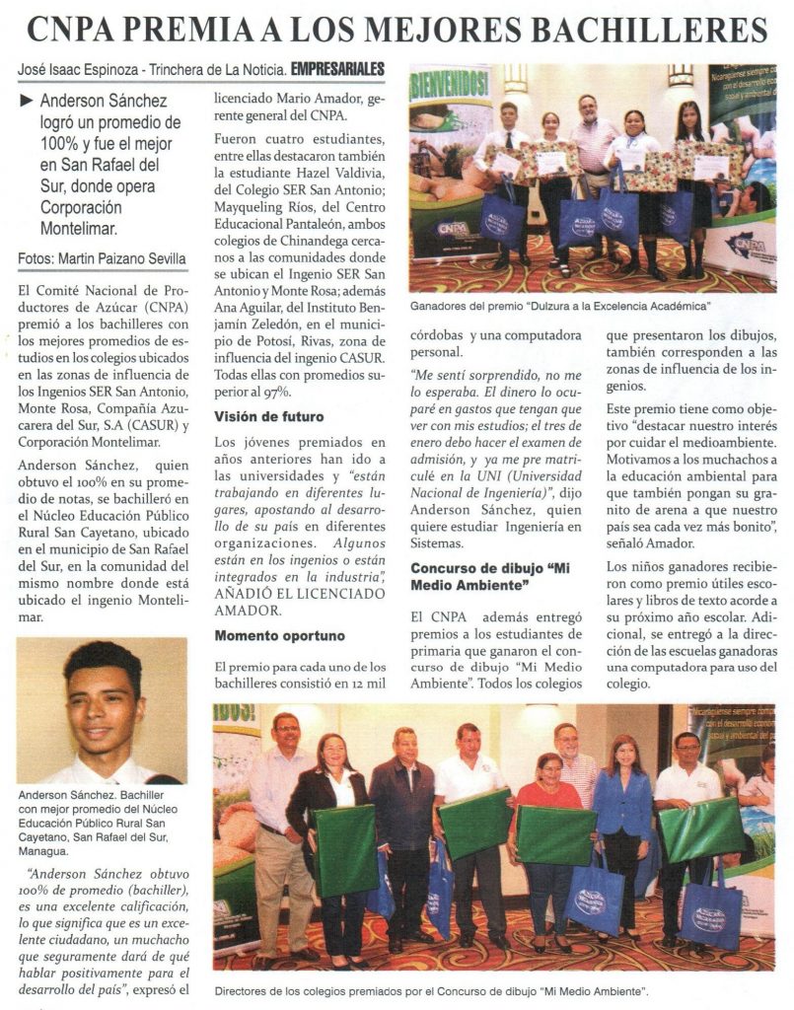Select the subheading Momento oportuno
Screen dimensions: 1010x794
point(279,635)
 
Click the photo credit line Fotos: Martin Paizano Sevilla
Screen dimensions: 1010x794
point(102,259)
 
